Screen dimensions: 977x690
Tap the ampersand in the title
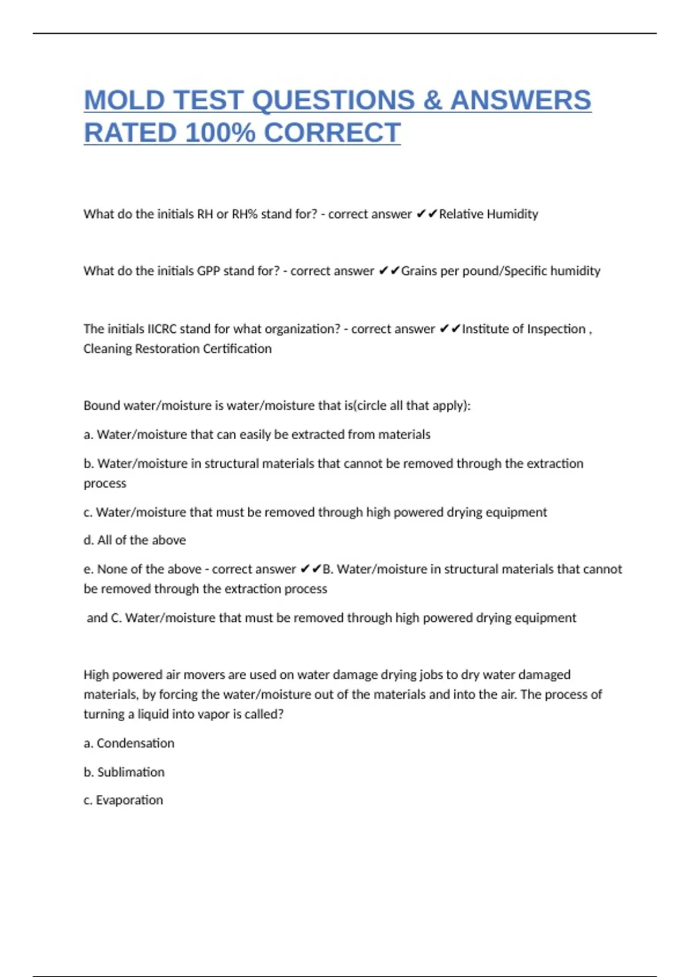[432, 100]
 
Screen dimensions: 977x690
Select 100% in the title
[220, 133]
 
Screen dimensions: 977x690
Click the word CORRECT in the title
[332, 133]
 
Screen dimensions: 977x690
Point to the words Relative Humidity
[488, 214]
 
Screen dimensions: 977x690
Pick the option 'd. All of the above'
[135, 540]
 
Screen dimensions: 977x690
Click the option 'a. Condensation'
[129, 743]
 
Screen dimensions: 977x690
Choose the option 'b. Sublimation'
[124, 772]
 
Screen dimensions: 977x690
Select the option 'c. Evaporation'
[124, 800]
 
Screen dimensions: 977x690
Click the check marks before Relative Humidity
[426, 214]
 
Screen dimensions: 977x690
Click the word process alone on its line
[105, 483]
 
